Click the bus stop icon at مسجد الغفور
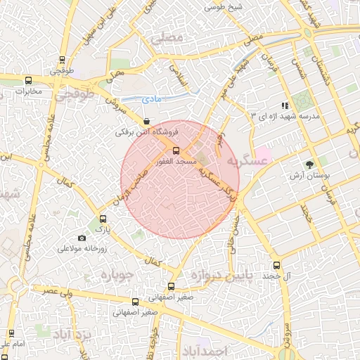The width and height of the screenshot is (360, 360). click(176, 150)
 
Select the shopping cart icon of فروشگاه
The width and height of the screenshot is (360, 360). click(146, 122)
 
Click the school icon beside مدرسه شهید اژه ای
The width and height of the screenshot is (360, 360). click(285, 105)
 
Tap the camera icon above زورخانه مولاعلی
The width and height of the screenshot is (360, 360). click(82, 238)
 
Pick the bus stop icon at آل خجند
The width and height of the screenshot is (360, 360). click(276, 266)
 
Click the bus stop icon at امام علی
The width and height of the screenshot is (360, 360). click(11, 333)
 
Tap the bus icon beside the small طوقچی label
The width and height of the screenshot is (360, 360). click(63, 60)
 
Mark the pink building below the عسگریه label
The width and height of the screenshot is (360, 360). click(262, 153)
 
